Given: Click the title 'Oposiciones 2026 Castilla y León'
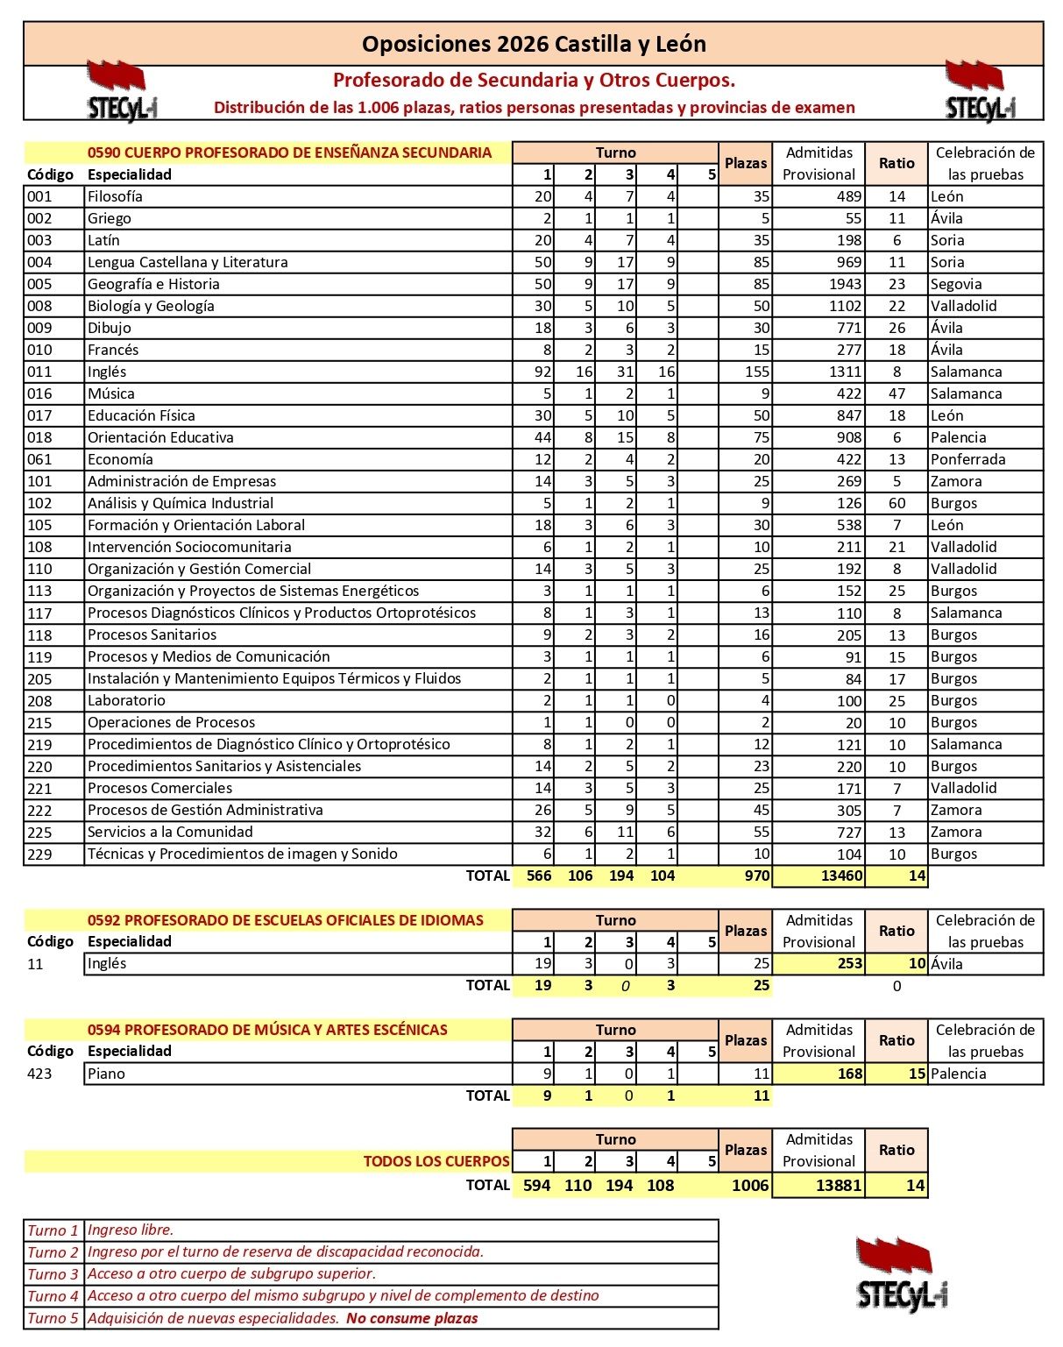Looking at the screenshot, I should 534,44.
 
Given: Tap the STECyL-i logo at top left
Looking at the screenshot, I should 120,90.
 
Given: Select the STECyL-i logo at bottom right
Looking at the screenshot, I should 902,1274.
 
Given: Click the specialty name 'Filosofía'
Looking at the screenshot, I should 115,196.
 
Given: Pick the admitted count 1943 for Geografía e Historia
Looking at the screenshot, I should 844,284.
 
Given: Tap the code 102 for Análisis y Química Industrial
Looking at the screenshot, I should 39,503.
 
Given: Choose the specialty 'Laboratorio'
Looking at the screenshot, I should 126,700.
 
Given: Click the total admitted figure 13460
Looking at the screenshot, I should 841,876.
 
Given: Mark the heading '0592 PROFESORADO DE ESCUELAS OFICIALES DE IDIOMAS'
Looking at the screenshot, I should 286,920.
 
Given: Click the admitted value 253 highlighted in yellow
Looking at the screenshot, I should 849,964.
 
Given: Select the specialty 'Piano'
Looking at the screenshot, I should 106,1074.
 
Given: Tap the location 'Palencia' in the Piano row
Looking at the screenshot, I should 958,1074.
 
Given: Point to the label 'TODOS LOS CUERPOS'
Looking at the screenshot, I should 436,1161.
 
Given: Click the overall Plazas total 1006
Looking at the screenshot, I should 750,1186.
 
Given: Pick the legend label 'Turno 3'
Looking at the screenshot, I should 53,1274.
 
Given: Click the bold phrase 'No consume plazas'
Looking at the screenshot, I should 412,1318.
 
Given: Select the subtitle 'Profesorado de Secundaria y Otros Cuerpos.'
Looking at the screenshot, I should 534,81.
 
